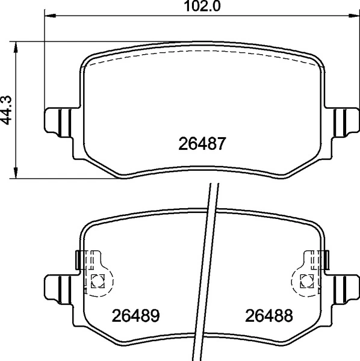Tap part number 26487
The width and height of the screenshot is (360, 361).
pos(202,144)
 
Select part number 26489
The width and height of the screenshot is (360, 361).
pos(135,315)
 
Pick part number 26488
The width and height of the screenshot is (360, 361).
pos(268,315)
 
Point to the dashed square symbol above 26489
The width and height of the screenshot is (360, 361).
pos(98,279)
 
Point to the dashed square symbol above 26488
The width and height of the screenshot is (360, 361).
pos(306,279)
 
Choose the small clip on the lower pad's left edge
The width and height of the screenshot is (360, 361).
pos(77,260)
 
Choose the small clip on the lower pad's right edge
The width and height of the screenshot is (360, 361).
pos(326,260)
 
